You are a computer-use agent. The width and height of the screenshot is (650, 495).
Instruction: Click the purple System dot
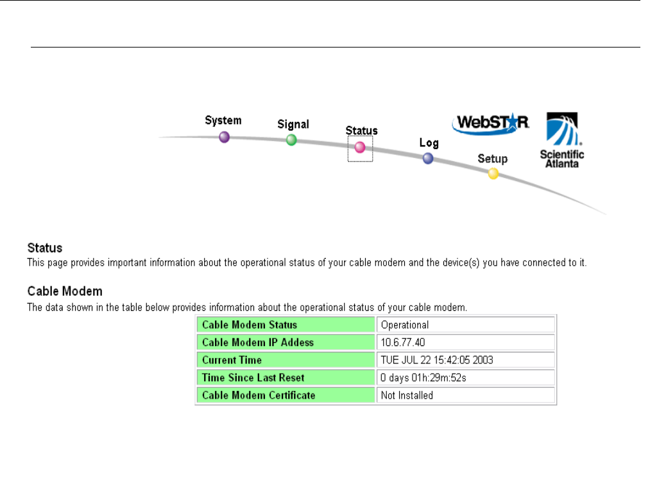click(x=224, y=137)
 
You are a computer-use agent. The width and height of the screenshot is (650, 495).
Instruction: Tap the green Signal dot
click(x=291, y=140)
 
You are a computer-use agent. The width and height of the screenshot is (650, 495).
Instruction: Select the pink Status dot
click(x=360, y=148)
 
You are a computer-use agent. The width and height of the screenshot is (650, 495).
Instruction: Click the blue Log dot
click(x=428, y=159)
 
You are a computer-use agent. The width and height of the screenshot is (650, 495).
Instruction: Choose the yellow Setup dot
click(x=493, y=173)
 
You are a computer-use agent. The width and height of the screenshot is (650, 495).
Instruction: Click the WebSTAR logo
click(x=491, y=124)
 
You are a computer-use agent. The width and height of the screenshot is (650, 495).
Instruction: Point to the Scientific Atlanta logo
click(x=561, y=140)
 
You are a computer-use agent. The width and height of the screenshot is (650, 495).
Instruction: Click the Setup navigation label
click(x=492, y=159)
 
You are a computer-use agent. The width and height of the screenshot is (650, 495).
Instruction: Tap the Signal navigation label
click(x=293, y=125)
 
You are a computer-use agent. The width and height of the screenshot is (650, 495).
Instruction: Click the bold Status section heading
click(x=44, y=248)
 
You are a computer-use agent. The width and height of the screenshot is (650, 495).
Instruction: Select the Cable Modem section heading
click(x=64, y=291)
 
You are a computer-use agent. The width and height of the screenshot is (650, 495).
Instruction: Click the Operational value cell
click(x=405, y=325)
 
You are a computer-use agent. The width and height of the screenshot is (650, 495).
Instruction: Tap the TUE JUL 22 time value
click(x=437, y=360)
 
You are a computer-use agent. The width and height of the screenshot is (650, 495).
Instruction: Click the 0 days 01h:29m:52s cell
click(x=423, y=378)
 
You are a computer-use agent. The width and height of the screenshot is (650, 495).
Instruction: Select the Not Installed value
click(x=407, y=395)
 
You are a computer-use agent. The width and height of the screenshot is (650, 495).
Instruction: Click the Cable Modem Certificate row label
click(x=259, y=395)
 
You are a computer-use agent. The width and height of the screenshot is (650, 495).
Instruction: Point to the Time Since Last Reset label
click(x=253, y=378)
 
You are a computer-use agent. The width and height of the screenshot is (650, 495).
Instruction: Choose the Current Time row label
click(x=232, y=360)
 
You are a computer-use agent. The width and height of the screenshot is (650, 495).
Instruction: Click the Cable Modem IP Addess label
click(x=258, y=342)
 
